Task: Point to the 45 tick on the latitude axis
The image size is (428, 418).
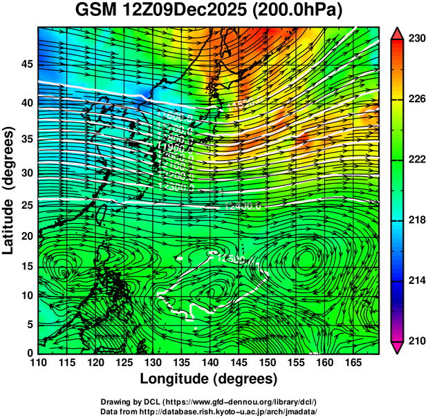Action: click(x=26, y=64)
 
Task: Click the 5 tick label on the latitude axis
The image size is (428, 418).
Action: click(x=29, y=324)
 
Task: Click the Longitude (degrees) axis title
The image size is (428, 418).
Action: click(x=209, y=379)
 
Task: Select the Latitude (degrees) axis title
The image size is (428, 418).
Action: click(x=10, y=189)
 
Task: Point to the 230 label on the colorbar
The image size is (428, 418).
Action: click(x=416, y=39)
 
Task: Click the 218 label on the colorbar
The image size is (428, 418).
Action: click(x=416, y=220)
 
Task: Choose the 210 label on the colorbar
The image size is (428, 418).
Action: click(x=416, y=341)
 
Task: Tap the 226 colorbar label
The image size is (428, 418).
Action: click(x=416, y=99)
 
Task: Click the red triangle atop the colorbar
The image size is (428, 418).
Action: click(x=397, y=32)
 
